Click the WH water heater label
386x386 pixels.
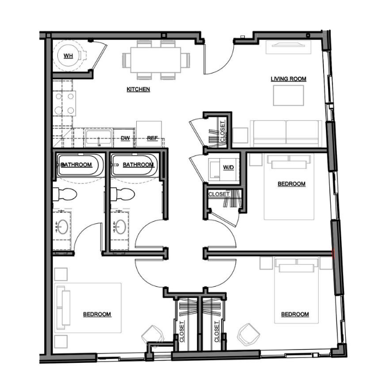point(68,56)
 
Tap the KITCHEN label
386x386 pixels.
point(138,89)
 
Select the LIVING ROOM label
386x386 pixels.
point(288,79)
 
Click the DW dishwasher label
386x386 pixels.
point(125,138)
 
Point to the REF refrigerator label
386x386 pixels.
point(152,138)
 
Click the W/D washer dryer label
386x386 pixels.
point(228,168)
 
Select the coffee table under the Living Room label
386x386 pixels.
point(288,95)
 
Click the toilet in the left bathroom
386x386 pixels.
point(65,194)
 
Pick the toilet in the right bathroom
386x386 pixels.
point(122,194)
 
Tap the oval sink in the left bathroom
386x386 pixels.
point(62,227)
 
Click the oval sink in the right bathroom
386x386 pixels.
point(121,227)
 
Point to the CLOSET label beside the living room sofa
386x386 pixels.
point(222,131)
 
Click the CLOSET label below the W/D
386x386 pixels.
point(219,194)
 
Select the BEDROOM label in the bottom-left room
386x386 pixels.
point(97,314)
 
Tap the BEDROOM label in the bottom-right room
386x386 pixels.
point(295,314)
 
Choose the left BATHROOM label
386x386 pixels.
point(76,164)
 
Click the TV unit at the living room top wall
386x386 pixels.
point(288,47)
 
